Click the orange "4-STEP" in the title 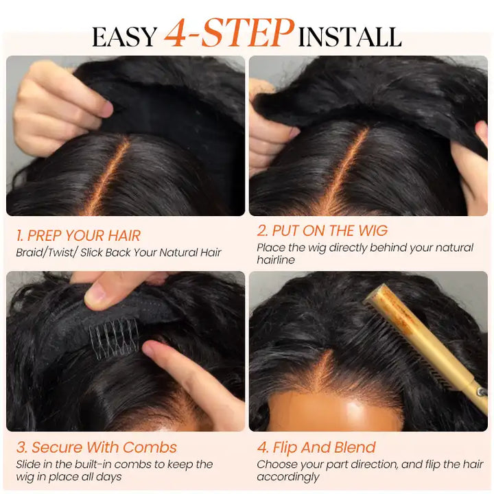click(229, 33)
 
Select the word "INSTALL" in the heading click(350, 36)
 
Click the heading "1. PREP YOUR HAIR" click(78, 236)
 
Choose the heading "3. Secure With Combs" click(96, 447)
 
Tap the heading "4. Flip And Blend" click(316, 447)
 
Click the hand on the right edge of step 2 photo click(473, 172)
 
